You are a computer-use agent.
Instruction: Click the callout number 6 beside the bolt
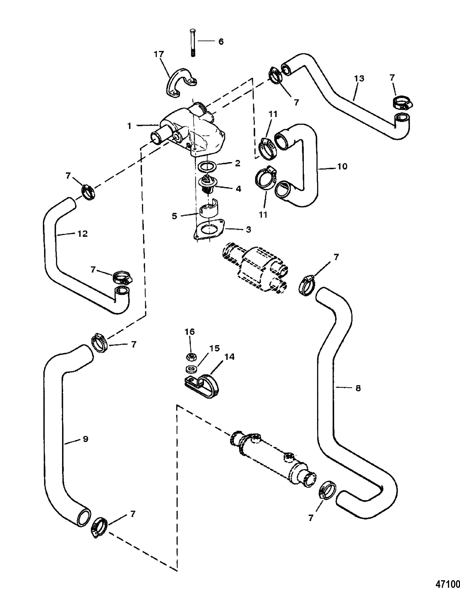pyautogui.click(x=221, y=42)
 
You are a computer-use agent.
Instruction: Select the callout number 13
pyautogui.click(x=359, y=79)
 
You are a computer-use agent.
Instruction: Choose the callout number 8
pyautogui.click(x=358, y=388)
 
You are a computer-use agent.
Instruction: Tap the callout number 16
pyautogui.click(x=190, y=332)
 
